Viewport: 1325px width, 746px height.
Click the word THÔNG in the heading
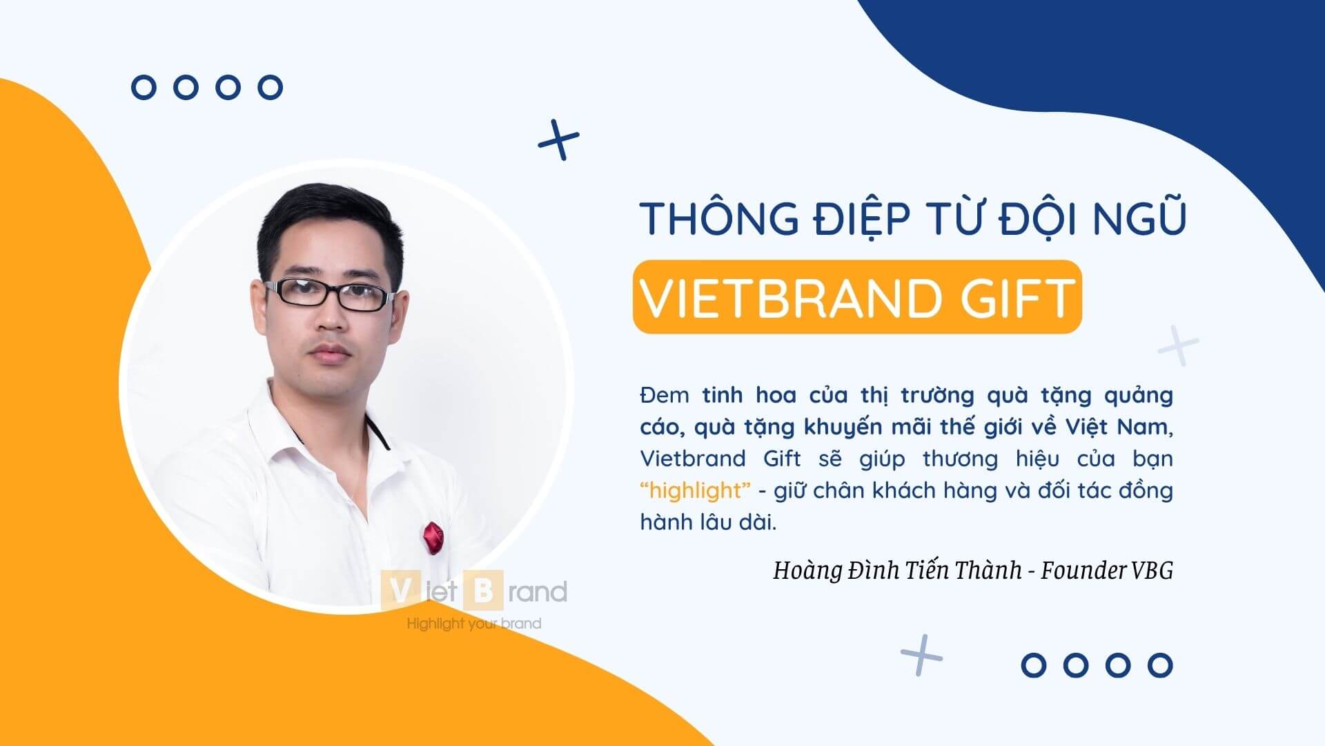pos(717,218)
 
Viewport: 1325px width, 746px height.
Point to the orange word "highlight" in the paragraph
pos(695,490)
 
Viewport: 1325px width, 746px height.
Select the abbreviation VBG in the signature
pos(1152,571)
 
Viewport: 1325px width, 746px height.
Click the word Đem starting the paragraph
pos(664,395)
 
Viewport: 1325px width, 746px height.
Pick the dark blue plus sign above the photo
pos(558,140)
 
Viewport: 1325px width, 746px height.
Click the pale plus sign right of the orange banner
pos(1178,345)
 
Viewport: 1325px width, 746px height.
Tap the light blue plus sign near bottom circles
pos(921,654)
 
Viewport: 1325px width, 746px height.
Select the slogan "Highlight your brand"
pos(473,624)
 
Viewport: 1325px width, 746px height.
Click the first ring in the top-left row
pos(144,88)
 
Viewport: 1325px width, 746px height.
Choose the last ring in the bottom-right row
pos(1160,665)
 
